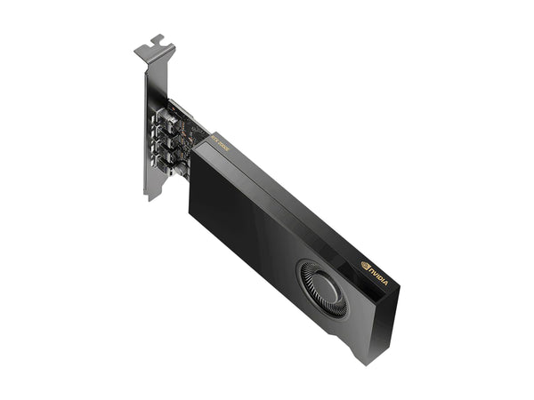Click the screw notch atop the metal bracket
tap(158, 40)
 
